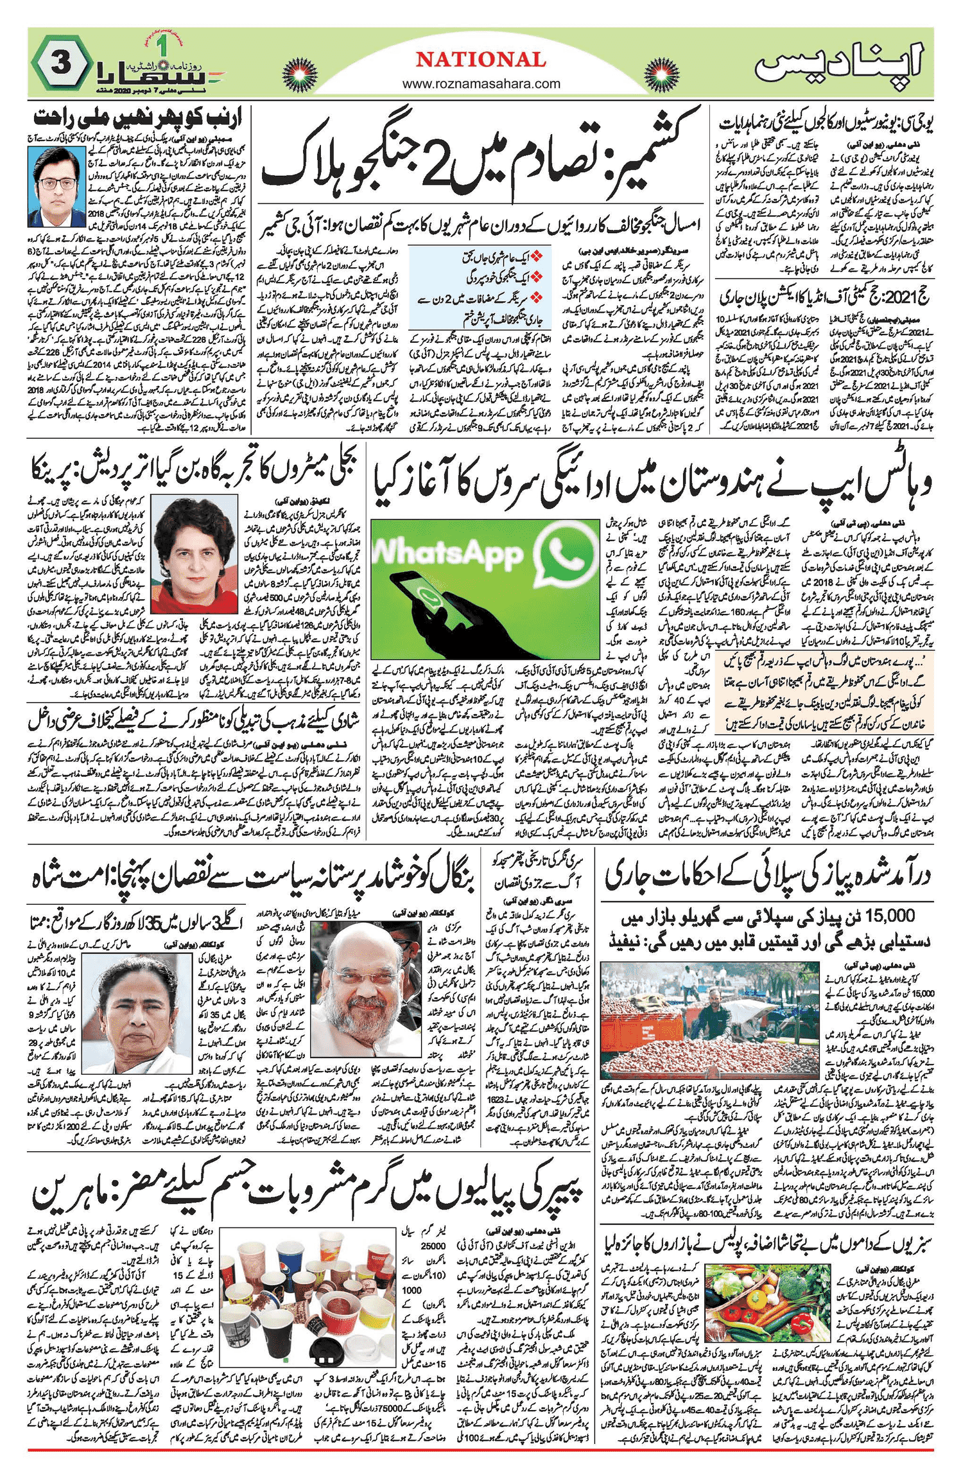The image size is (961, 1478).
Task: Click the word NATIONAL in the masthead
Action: (x=481, y=60)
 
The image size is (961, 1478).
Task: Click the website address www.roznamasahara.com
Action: (x=481, y=83)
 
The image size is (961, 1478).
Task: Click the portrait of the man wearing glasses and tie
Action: (x=56, y=186)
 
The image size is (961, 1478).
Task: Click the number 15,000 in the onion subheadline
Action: (x=903, y=916)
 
